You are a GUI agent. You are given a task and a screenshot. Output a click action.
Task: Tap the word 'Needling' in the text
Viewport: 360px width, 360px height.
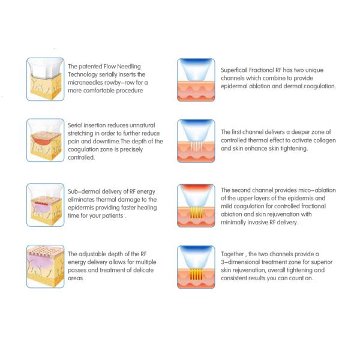coord(129,67)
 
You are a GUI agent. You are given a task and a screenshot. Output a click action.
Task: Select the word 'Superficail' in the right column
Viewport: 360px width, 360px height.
coord(234,70)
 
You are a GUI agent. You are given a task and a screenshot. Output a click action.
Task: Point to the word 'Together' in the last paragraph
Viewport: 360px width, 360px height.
coord(232,254)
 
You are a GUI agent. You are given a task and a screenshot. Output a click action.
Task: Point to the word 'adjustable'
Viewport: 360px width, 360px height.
coord(92,254)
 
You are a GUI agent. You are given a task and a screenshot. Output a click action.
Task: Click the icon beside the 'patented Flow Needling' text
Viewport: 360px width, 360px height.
coord(46,79)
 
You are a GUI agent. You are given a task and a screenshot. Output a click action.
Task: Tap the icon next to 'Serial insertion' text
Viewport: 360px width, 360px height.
coord(46,140)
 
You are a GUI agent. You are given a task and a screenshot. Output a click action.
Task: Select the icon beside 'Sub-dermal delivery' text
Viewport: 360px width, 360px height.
coord(46,205)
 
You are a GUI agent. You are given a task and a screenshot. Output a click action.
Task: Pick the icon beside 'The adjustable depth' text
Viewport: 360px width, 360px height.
coord(46,266)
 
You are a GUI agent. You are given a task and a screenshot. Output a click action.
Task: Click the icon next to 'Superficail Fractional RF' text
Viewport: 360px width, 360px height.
coord(196,80)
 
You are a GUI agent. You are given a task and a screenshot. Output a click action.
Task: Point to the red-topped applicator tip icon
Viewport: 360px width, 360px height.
coord(196,206)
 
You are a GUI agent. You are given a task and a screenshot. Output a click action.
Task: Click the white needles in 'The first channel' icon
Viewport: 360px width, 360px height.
coord(197,146)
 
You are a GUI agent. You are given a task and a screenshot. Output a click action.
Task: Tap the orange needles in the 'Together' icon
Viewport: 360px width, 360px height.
coord(196,274)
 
